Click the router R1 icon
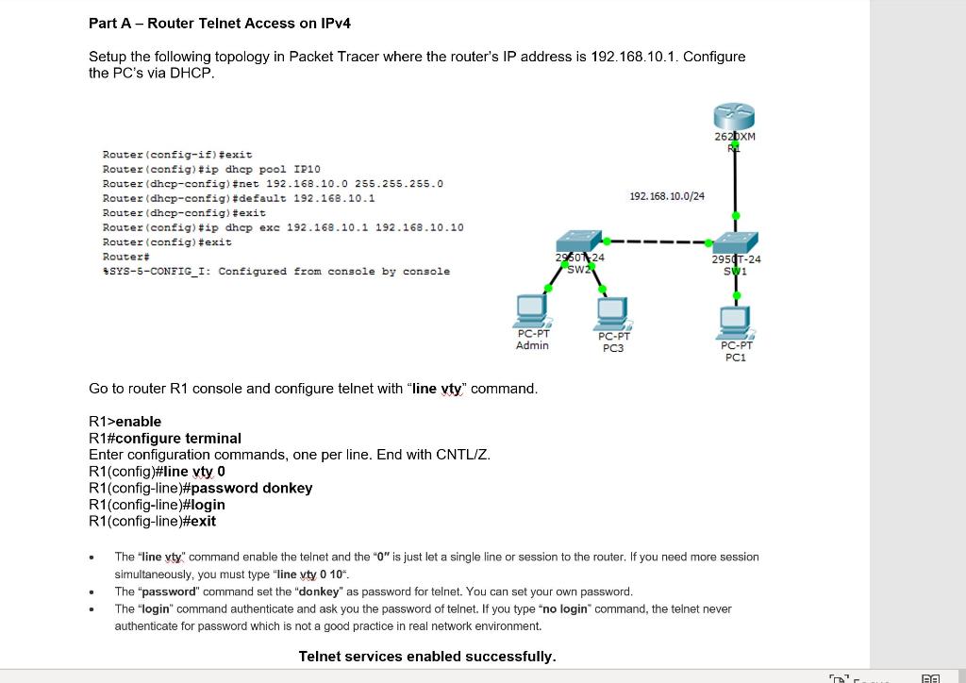735,117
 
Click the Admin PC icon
533,310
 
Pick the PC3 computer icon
613,312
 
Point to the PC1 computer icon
736,322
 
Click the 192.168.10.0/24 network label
666,196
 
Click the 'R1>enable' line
125,421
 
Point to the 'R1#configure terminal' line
165,438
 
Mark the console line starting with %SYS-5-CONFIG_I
275,272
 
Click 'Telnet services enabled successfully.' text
427,656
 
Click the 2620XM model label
735,137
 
